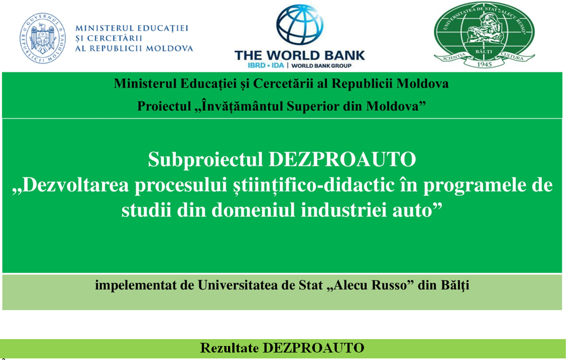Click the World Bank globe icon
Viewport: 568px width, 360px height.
[300, 25]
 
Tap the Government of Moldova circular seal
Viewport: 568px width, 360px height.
[43, 39]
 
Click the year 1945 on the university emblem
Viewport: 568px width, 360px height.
[484, 64]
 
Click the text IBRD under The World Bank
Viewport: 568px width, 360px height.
[256, 65]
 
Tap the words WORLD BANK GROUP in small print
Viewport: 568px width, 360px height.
[321, 66]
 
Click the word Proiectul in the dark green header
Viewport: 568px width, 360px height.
[164, 106]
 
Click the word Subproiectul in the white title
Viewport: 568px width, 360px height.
[205, 160]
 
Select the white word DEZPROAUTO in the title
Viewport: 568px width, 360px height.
[342, 160]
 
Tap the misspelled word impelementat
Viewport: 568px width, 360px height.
[137, 286]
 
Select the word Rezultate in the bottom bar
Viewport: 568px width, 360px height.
[229, 348]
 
